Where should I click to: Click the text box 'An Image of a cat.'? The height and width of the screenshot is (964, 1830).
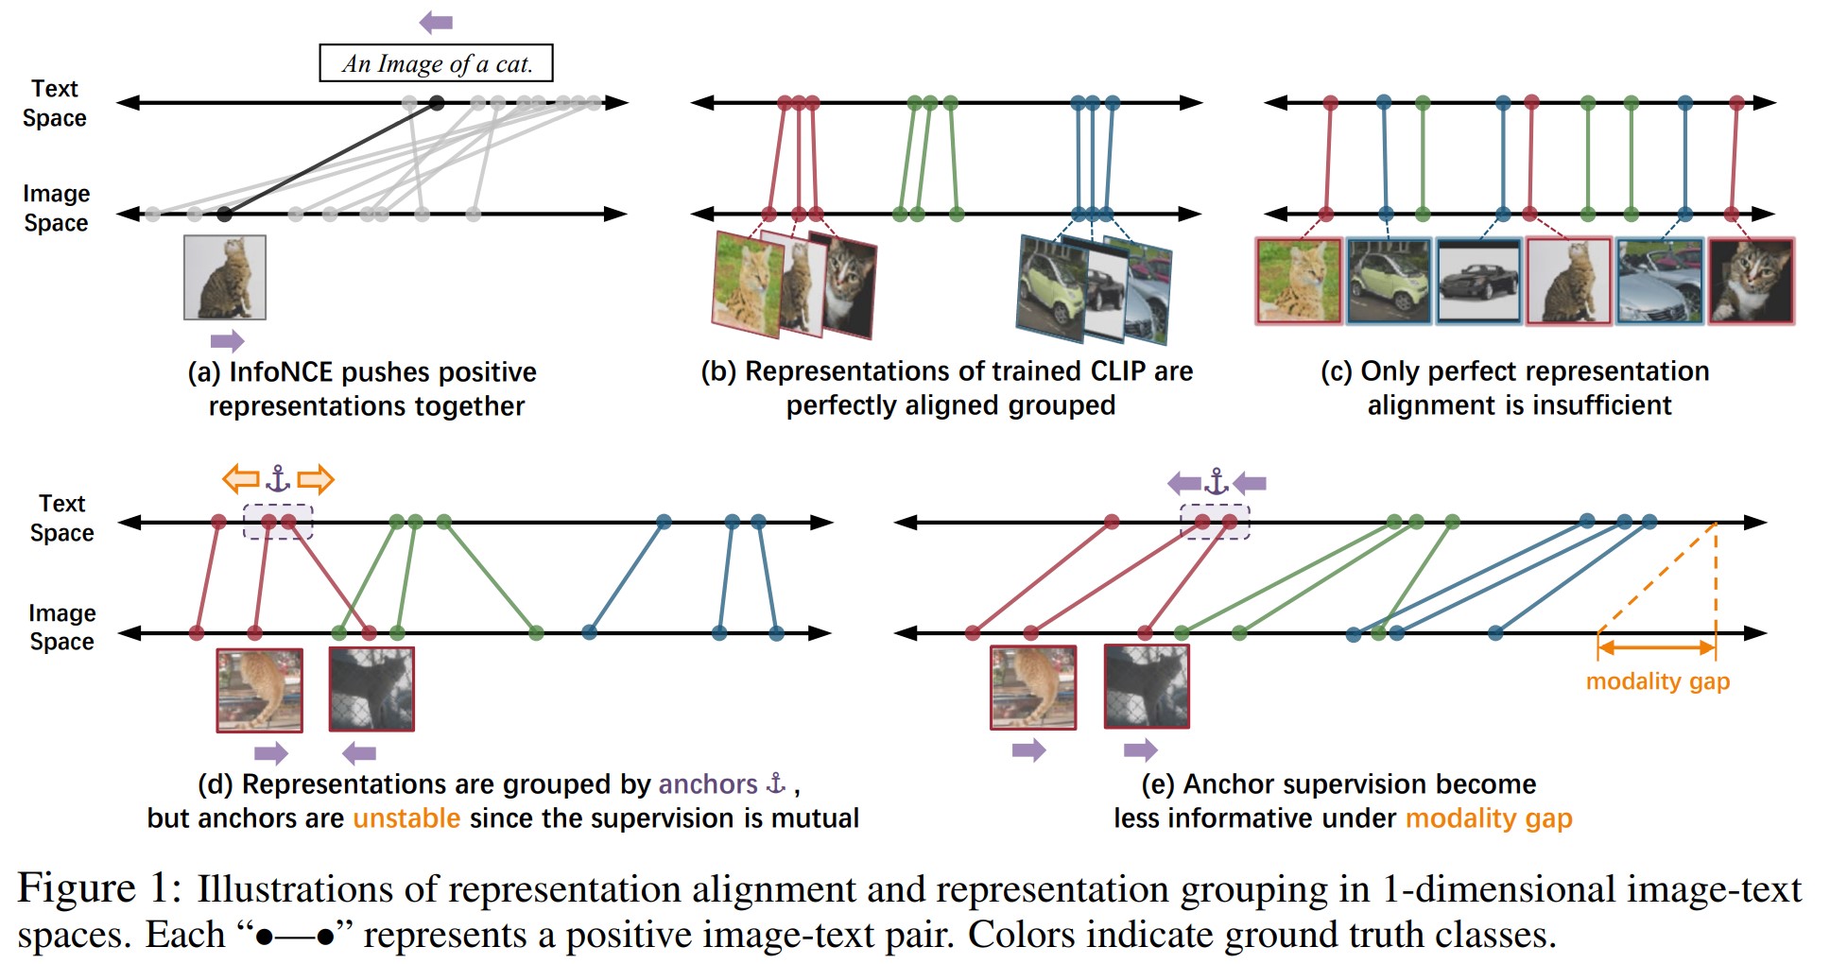436,63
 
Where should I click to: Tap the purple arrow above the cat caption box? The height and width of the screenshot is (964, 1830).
436,22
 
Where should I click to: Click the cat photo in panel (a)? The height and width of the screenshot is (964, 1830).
225,278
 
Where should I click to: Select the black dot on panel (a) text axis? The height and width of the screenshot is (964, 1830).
436,102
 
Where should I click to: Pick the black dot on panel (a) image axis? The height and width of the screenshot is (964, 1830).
224,215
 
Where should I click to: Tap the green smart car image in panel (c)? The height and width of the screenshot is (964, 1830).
1389,281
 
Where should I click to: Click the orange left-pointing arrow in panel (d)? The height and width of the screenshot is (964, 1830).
241,479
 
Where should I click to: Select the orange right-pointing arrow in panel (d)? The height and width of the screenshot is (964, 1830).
316,479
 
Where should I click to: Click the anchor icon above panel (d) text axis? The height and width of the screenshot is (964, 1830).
278,479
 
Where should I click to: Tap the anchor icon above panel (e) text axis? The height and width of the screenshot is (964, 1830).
1217,483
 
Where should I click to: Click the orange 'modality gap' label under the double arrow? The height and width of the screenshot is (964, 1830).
1657,681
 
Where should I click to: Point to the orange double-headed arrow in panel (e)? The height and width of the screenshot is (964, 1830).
1656,647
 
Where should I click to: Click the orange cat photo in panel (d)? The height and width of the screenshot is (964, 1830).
259,690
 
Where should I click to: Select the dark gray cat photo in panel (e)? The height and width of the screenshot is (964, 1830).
1147,687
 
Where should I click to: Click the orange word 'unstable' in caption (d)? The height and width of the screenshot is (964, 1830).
406,818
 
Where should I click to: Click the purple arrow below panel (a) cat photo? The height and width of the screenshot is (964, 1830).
227,341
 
